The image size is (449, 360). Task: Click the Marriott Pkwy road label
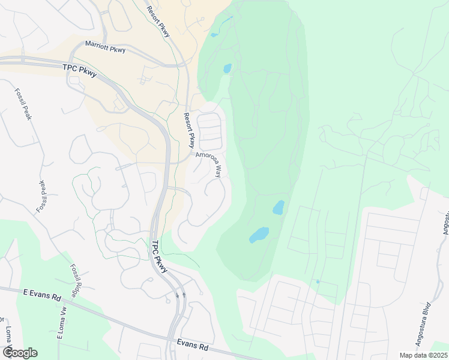tap(105, 47)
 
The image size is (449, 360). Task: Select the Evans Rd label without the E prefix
tap(192, 347)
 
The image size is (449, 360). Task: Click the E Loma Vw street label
tap(61, 322)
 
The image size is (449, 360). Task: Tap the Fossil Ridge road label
tap(74, 281)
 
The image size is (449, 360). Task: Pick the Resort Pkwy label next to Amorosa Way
tap(189, 130)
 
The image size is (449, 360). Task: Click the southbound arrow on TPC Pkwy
tap(177, 295)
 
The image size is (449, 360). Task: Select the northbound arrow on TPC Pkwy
tap(184, 295)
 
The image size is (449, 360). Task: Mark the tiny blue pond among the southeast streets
tap(317, 281)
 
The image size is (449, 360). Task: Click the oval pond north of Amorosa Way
tap(227, 68)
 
